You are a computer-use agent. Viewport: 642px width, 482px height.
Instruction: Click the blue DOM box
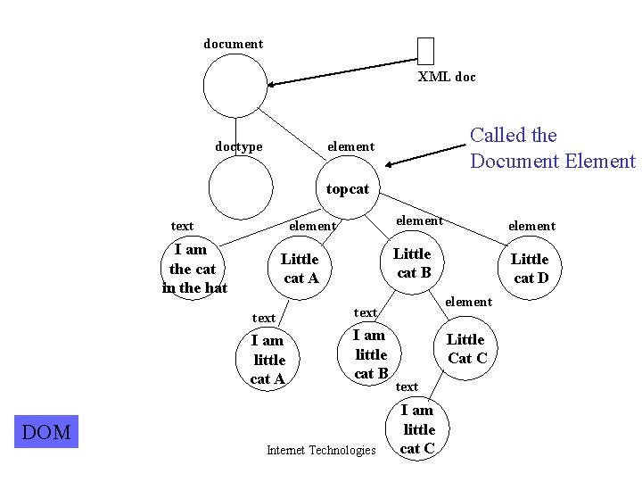pos(46,433)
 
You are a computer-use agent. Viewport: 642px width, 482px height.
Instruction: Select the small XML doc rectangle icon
pos(425,51)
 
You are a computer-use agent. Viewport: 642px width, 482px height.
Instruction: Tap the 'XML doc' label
pos(447,77)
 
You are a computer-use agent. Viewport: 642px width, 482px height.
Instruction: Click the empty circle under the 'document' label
pos(235,86)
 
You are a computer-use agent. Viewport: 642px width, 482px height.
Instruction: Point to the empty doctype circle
pos(240,187)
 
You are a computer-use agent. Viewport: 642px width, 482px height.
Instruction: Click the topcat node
pos(348,188)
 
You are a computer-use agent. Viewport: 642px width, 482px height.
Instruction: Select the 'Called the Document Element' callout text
pos(552,148)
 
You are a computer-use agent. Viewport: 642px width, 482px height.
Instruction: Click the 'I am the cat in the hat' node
pos(194,269)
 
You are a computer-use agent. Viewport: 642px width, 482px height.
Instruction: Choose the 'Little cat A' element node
pos(300,268)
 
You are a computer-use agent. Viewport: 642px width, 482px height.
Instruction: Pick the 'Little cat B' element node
pos(413,263)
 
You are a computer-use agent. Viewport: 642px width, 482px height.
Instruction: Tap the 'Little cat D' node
pos(530,268)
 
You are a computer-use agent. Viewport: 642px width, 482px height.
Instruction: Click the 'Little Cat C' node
pos(466,348)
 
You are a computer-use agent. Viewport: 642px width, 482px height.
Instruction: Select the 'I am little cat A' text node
pos(268,360)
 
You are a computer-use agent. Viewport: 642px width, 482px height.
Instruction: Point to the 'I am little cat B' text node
pos(370,353)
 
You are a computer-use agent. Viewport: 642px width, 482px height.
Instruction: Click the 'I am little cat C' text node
pos(417,428)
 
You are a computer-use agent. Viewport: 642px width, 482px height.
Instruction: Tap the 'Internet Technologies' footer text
pos(321,450)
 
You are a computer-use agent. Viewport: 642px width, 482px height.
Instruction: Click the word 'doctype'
pos(239,146)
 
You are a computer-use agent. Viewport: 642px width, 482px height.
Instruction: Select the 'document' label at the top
pos(234,44)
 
